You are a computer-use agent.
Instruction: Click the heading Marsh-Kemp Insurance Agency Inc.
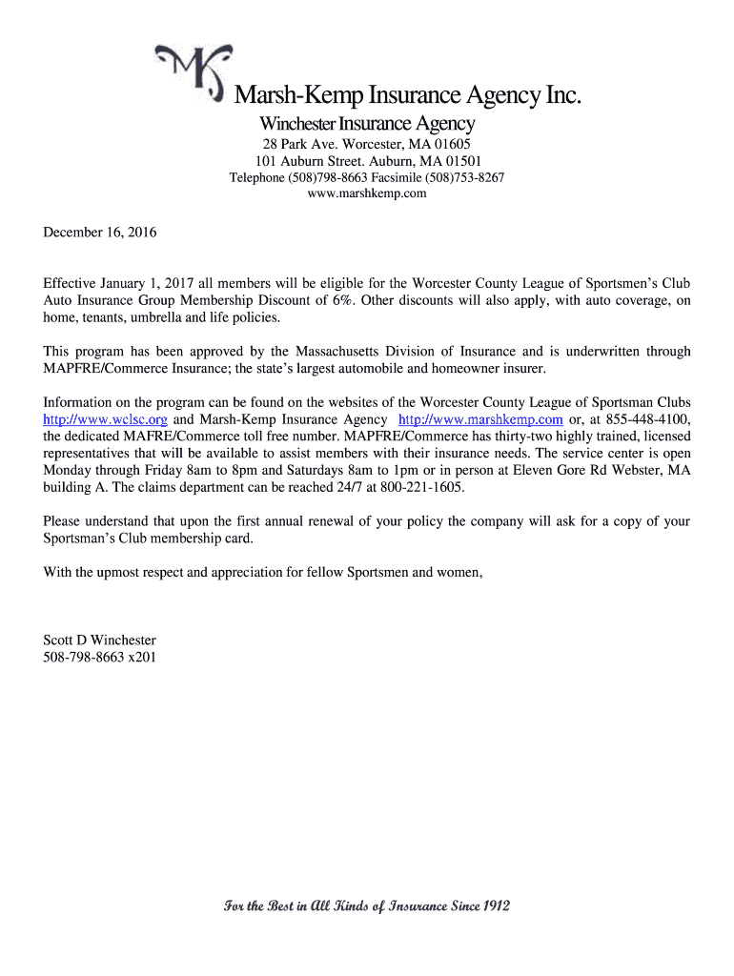click(x=407, y=95)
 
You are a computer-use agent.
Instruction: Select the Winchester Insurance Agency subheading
click(x=367, y=124)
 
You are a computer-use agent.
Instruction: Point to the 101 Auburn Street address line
click(x=367, y=161)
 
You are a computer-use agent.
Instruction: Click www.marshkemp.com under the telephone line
click(x=367, y=193)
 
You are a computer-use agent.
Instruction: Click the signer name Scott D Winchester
click(x=100, y=640)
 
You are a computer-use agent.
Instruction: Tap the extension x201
click(x=142, y=658)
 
